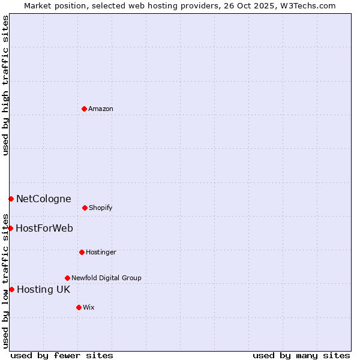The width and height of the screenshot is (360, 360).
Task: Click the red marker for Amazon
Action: click(x=84, y=109)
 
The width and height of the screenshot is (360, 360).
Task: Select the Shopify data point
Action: click(x=85, y=208)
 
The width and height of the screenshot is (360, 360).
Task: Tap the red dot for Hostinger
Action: click(x=82, y=252)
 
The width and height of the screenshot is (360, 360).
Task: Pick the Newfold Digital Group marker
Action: click(x=67, y=278)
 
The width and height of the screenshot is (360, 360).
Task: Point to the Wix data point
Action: click(x=79, y=307)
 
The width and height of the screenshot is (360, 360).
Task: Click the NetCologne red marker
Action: click(x=11, y=199)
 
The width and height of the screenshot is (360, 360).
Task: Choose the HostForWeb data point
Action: click(x=10, y=228)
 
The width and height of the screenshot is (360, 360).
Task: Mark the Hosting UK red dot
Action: click(x=11, y=289)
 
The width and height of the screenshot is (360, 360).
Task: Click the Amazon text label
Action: click(x=101, y=109)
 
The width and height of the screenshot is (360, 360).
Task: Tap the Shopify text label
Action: click(x=101, y=208)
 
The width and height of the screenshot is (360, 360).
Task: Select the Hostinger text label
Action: click(x=101, y=252)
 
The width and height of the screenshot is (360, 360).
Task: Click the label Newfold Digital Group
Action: click(x=106, y=278)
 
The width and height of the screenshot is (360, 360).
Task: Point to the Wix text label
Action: click(x=89, y=307)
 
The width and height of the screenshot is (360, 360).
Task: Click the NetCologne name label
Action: click(x=43, y=199)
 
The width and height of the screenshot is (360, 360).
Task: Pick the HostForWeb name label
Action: click(x=44, y=228)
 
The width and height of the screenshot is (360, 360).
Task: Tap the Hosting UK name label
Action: click(x=43, y=289)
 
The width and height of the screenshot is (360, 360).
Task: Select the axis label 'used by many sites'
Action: click(x=301, y=355)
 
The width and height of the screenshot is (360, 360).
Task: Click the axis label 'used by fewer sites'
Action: click(x=62, y=355)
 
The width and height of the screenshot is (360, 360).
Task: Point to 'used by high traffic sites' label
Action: click(x=5, y=85)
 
